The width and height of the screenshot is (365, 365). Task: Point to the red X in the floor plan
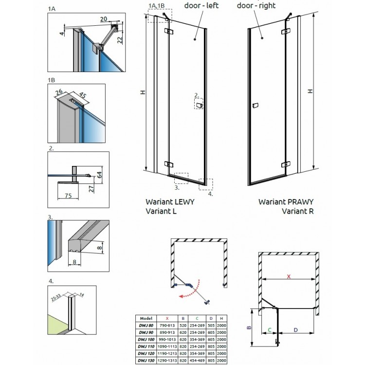(x=289, y=276)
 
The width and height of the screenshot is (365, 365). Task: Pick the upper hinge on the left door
(x=169, y=32)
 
